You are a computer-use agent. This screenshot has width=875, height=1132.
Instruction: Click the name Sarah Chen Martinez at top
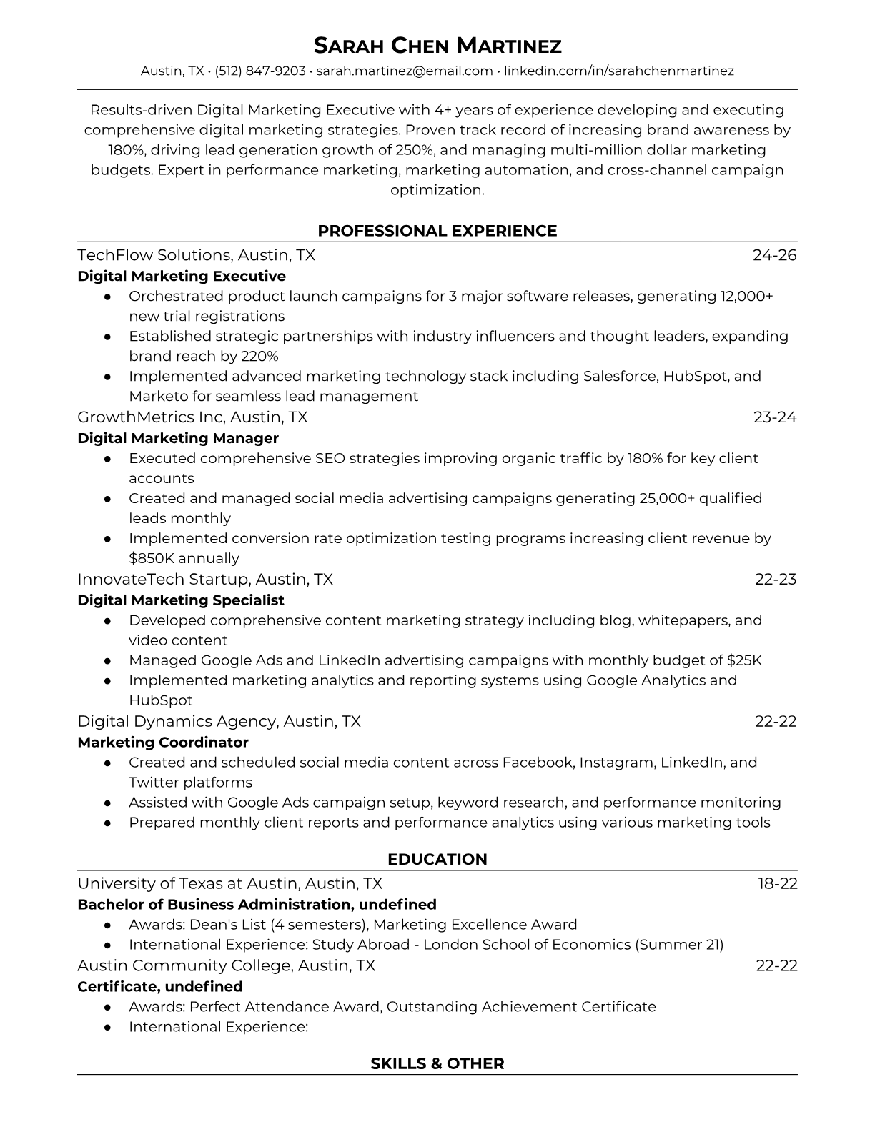pos(437,46)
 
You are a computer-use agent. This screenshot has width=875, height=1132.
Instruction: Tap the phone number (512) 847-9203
pos(260,71)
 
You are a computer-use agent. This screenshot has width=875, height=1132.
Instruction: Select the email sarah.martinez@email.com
pos(404,71)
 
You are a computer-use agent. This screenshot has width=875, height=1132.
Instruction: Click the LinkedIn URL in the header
pos(619,71)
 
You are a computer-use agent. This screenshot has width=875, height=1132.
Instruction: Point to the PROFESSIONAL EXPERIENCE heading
pos(437,231)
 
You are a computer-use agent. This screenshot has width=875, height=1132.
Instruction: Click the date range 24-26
pos(774,255)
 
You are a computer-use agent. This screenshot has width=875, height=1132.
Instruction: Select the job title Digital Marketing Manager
pos(178,438)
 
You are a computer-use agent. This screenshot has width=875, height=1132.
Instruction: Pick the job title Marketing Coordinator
pos(163,742)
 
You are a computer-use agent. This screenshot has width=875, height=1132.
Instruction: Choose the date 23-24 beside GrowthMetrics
pos(774,417)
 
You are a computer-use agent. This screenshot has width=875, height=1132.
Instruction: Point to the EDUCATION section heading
pos(437,859)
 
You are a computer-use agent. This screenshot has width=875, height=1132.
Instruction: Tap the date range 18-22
pos(777,883)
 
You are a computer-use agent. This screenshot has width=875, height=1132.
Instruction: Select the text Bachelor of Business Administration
pos(214,904)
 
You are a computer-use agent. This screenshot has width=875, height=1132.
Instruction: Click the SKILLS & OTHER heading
pos(437,1063)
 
